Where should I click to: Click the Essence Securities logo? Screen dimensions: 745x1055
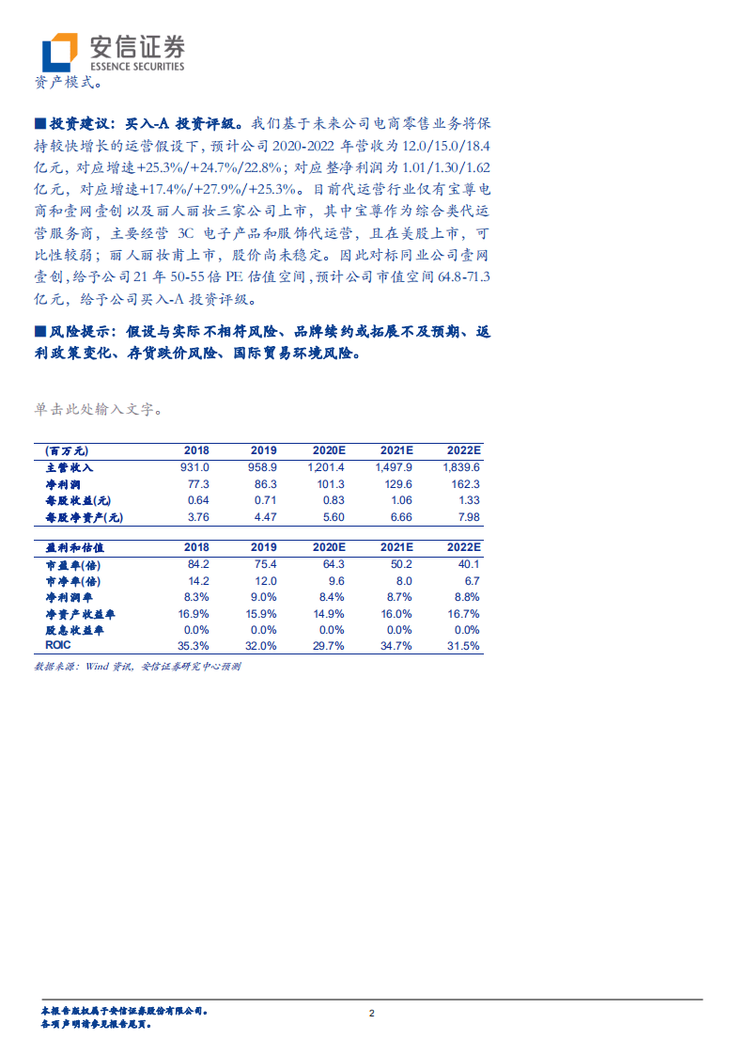pyautogui.click(x=114, y=51)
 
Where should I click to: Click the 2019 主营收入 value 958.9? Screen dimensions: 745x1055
pyautogui.click(x=264, y=466)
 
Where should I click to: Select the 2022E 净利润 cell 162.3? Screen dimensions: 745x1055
pyautogui.click(x=462, y=483)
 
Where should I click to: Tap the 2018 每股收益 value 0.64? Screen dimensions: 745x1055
pyautogui.click(x=198, y=500)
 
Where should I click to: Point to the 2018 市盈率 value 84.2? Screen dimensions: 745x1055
pyautogui.click(x=197, y=563)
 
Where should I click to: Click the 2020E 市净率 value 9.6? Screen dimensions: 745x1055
pyautogui.click(x=334, y=580)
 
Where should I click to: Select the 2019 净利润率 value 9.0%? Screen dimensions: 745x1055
pyautogui.click(x=264, y=597)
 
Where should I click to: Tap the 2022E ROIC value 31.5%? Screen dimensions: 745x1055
pyautogui.click(x=462, y=646)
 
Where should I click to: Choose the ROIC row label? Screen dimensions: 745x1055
pyautogui.click(x=58, y=646)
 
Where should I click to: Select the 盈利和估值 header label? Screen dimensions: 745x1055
pyautogui.click(x=74, y=546)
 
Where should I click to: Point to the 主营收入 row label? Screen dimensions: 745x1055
pyautogui.click(x=70, y=466)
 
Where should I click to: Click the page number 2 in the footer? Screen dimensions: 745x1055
pyautogui.click(x=372, y=1013)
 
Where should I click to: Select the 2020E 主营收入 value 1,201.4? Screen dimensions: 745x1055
pyautogui.click(x=326, y=466)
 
